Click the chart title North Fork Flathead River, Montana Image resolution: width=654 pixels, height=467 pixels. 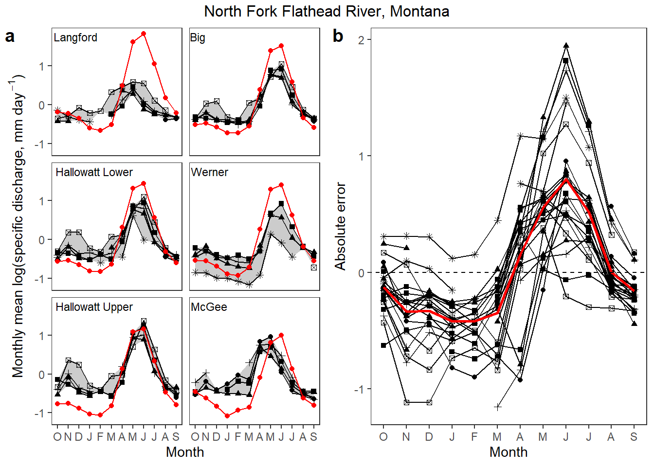click(x=327, y=11)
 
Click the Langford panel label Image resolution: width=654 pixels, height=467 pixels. click(x=75, y=37)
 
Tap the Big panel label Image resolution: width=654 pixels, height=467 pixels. click(x=198, y=37)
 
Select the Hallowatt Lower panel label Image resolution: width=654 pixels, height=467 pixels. click(x=94, y=172)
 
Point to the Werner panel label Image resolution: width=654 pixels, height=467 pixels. click(x=209, y=172)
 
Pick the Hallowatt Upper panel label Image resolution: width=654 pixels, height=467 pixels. click(x=94, y=307)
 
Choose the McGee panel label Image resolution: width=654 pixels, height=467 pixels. click(x=209, y=307)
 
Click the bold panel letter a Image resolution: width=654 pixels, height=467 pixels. click(x=10, y=36)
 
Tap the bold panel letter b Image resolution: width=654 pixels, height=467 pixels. click(x=338, y=36)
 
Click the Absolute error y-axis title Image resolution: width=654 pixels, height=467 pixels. click(x=340, y=226)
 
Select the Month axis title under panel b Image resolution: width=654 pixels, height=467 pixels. click(x=509, y=452)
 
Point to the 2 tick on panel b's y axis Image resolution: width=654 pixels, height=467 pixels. click(x=361, y=40)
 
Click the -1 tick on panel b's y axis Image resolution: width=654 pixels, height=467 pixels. click(x=359, y=389)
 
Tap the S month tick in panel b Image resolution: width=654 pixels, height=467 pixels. click(x=634, y=437)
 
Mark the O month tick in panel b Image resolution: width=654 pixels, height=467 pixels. click(x=383, y=437)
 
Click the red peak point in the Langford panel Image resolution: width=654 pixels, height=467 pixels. click(x=144, y=34)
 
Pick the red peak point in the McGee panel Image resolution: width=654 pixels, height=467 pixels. click(x=281, y=335)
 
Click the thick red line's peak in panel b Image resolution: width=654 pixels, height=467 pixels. click(x=566, y=180)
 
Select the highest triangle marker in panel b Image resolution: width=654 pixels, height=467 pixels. click(x=566, y=45)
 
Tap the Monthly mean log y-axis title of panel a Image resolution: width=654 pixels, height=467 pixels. click(x=18, y=226)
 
